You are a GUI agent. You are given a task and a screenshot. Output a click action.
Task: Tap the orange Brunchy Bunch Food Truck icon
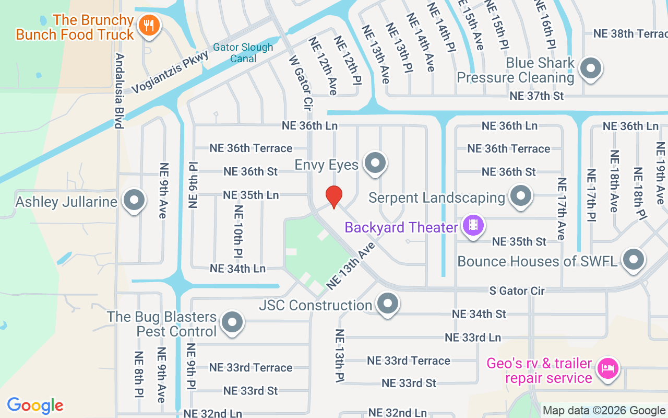pos(149,25)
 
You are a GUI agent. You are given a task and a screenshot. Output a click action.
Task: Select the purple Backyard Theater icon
pos(473,225)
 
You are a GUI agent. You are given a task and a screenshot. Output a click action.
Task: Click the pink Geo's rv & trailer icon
pos(607,368)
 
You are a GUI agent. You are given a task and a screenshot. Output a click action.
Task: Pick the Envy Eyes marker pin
pos(375,163)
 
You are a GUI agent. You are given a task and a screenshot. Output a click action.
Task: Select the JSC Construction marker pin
pos(387,304)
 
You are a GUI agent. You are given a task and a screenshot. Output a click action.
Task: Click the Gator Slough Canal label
pos(244,53)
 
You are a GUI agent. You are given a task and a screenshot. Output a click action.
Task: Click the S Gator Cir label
pos(517,291)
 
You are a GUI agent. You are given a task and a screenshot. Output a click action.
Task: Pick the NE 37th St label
pos(536,96)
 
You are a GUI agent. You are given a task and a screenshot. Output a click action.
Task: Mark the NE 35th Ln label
pos(250,195)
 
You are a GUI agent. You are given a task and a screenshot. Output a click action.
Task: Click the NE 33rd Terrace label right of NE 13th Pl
pos(408,361)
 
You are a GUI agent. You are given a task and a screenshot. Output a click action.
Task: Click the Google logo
pos(35,405)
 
